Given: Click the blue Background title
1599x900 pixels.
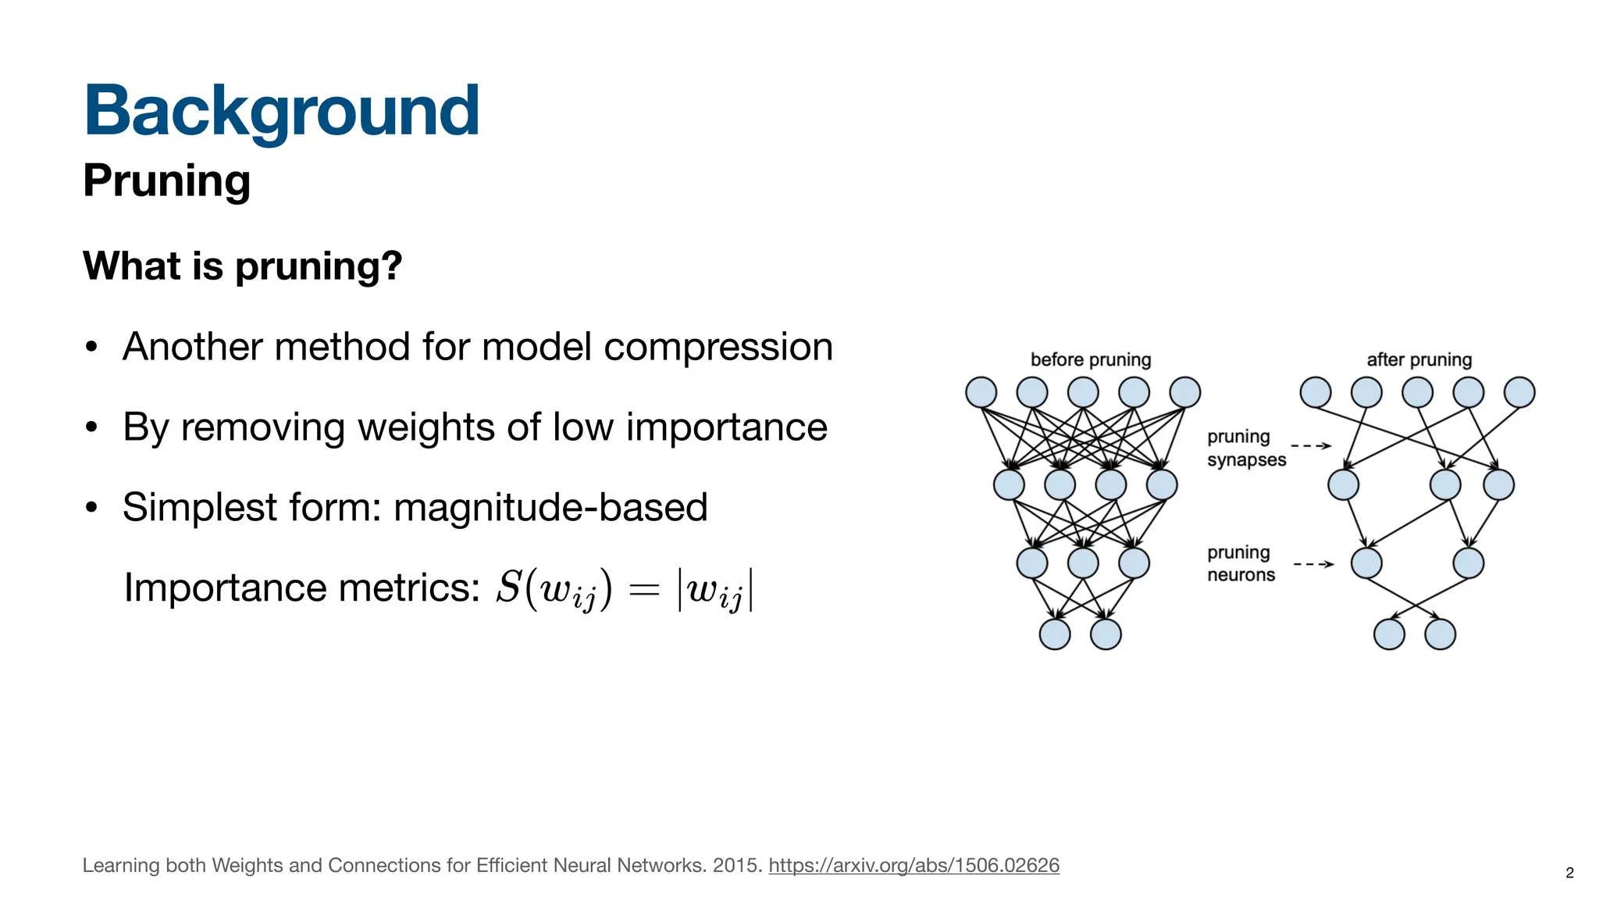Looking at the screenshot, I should click(x=281, y=111).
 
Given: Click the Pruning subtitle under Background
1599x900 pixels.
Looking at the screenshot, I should click(x=166, y=181).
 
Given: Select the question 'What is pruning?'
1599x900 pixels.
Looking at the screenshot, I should click(x=242, y=266).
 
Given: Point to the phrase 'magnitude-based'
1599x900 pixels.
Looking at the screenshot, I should click(x=550, y=508).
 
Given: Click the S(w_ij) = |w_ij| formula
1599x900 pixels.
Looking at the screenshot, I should click(x=625, y=589).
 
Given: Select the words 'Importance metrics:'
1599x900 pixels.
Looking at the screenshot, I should click(x=301, y=587).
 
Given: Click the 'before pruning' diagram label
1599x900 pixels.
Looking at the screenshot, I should click(x=1090, y=360).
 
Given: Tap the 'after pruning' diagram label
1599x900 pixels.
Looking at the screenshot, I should click(x=1419, y=360).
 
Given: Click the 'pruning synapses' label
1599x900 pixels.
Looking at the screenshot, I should click(x=1245, y=448).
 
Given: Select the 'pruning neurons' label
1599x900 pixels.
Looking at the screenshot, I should click(x=1241, y=563).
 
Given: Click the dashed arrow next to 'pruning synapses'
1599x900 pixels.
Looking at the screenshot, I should click(x=1312, y=446).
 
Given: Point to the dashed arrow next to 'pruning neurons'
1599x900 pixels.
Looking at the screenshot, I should click(x=1313, y=564).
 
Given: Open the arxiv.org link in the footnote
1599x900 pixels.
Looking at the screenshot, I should click(x=913, y=866).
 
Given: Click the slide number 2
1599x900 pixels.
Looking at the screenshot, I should click(x=1569, y=873).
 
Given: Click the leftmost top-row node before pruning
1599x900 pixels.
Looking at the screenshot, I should click(x=981, y=392).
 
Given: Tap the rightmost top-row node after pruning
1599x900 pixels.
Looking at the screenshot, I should click(x=1519, y=392).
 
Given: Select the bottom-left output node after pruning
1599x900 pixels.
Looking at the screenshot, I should click(x=1388, y=634).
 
